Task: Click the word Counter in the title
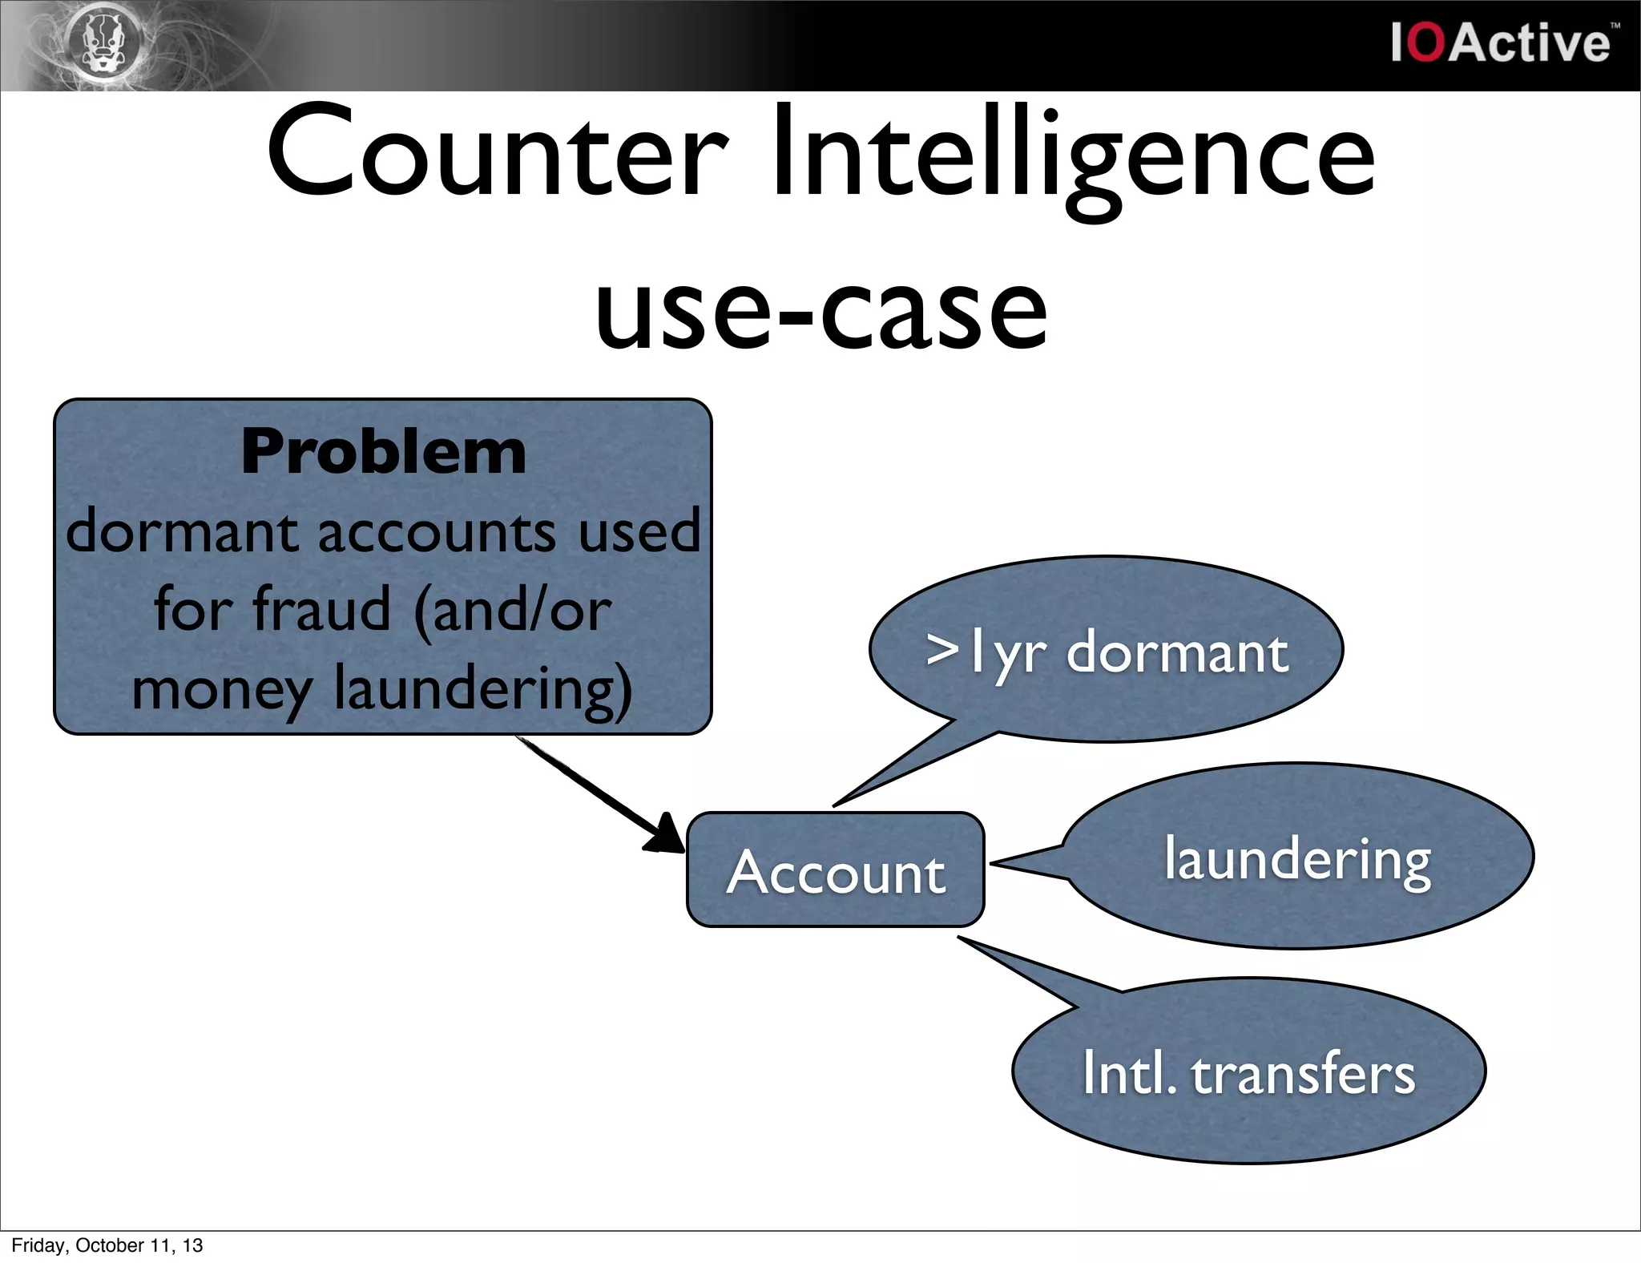497,152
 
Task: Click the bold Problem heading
383,452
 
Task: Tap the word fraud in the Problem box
321,609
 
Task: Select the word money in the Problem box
221,689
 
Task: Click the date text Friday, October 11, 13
107,1245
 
